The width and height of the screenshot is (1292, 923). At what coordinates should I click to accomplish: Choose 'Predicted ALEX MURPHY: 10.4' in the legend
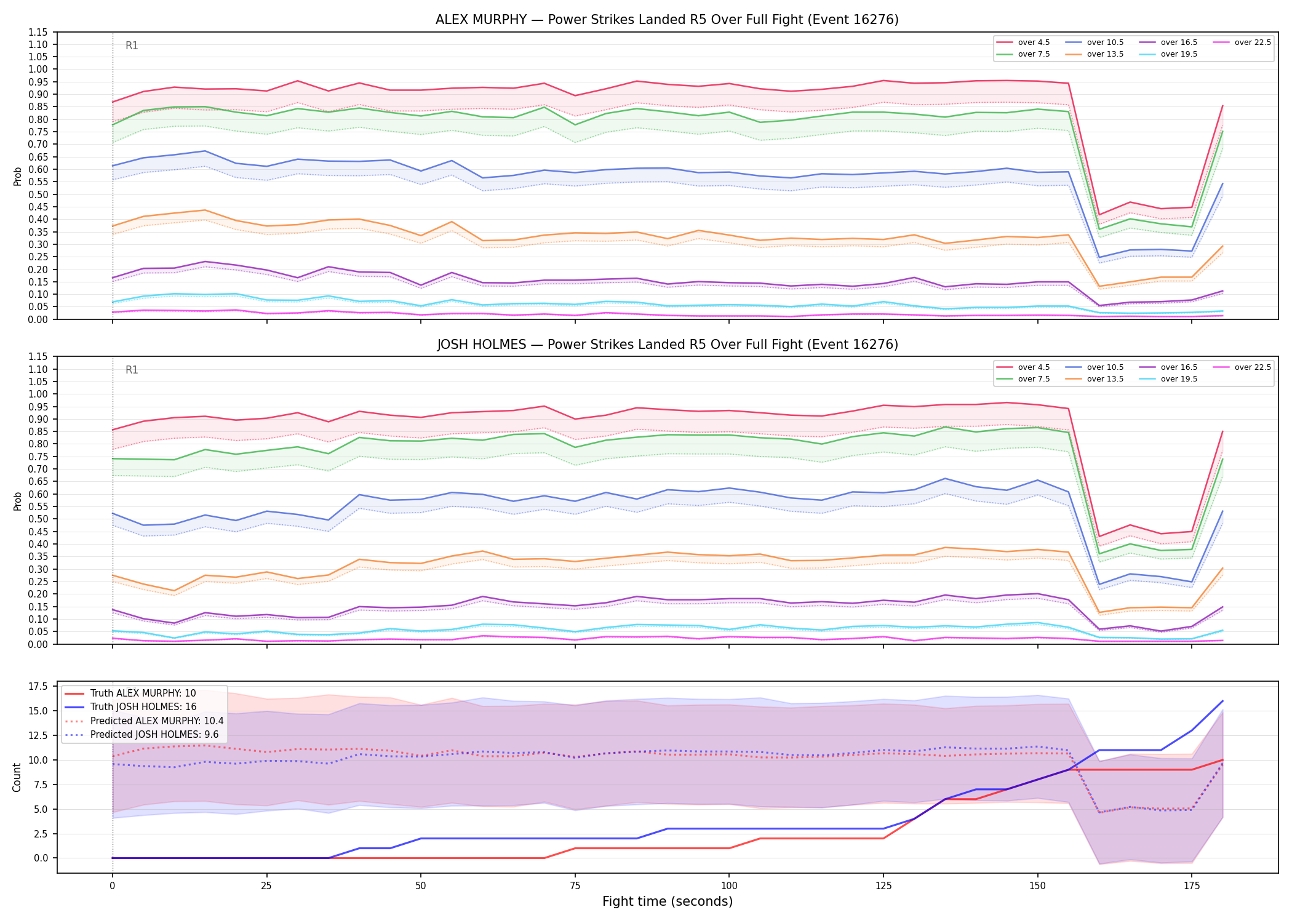point(144,721)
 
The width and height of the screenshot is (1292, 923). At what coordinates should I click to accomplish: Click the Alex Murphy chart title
point(667,20)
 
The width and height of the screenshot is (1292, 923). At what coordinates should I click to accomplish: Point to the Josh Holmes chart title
point(668,345)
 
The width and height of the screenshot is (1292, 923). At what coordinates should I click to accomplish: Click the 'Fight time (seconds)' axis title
point(668,901)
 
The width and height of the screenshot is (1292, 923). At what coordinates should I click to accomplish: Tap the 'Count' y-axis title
point(17,777)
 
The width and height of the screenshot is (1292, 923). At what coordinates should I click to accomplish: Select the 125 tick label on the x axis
point(883,886)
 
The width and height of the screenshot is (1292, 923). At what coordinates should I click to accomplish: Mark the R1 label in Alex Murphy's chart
point(132,46)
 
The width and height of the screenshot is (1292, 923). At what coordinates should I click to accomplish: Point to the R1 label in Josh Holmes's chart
point(132,370)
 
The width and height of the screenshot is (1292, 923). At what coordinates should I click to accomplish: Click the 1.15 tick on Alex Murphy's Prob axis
point(38,32)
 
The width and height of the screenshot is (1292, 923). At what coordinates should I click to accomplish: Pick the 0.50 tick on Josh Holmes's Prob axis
point(38,519)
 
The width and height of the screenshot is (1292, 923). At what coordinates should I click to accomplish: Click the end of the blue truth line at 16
point(1222,701)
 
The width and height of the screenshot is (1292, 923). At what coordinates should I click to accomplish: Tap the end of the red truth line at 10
point(1222,760)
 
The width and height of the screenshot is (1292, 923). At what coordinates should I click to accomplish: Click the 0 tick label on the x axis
point(112,886)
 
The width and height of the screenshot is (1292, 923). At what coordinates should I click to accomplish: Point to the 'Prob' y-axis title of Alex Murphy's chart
point(17,176)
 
